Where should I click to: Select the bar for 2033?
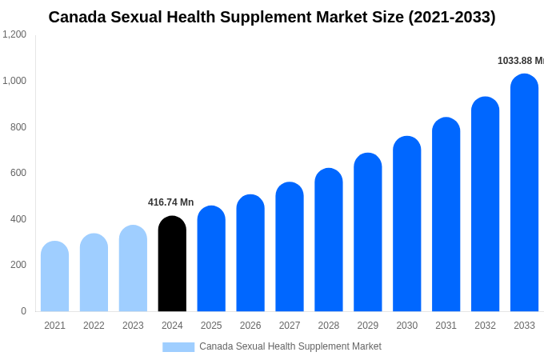524,193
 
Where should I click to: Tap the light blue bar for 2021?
54,277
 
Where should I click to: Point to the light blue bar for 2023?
133,269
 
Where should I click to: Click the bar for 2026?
250,254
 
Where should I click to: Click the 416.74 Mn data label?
170,202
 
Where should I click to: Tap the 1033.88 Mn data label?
520,61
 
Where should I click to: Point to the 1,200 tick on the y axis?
14,34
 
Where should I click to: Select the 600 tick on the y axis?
18,173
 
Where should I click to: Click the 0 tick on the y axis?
23,311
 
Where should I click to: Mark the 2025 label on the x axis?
211,326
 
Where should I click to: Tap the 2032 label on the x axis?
485,326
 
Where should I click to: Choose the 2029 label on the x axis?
368,326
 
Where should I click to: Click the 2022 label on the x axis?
94,326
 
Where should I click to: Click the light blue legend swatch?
178,346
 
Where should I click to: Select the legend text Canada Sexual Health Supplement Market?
290,346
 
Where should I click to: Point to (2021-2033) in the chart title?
451,17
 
